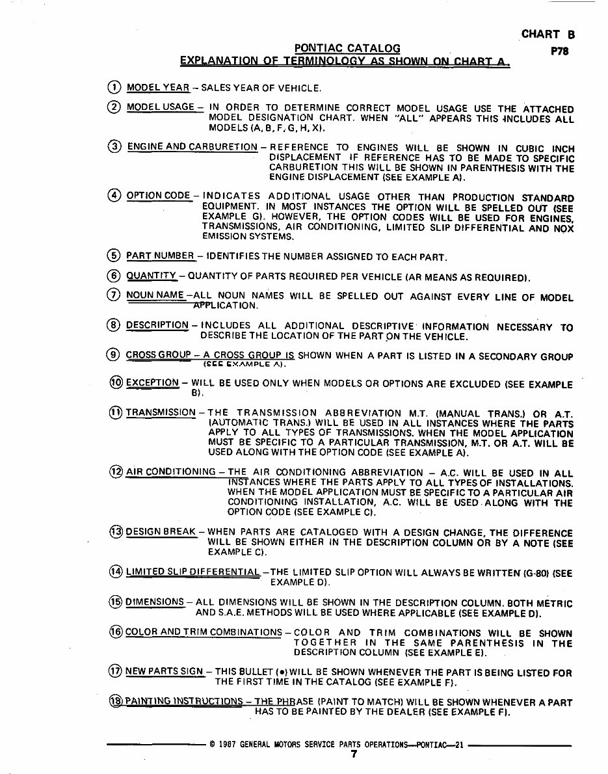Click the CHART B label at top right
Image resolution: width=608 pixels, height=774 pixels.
coord(548,34)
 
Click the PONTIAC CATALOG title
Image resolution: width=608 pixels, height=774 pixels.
coord(347,48)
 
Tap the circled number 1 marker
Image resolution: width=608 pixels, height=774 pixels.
coord(114,87)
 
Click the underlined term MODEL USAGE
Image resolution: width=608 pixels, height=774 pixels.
coord(161,107)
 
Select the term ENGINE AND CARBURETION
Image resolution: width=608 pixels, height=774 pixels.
coord(192,147)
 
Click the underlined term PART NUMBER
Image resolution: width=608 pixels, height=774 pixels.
coord(160,256)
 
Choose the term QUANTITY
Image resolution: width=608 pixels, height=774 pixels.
coord(151,276)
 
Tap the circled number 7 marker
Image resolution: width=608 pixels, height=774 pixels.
coord(114,295)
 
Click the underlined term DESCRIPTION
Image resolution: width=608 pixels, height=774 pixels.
coord(157,325)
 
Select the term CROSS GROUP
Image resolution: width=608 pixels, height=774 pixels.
coord(158,355)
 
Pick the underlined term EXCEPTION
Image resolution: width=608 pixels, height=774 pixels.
coord(152,382)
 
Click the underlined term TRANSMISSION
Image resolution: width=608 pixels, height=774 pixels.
coord(161,412)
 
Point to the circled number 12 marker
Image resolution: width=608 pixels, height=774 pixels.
coord(116,472)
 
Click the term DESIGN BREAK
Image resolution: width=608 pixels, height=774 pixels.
coord(161,531)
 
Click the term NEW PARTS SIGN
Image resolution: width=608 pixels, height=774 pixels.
coord(164,671)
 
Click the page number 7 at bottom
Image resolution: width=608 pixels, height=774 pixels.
coord(354,754)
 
